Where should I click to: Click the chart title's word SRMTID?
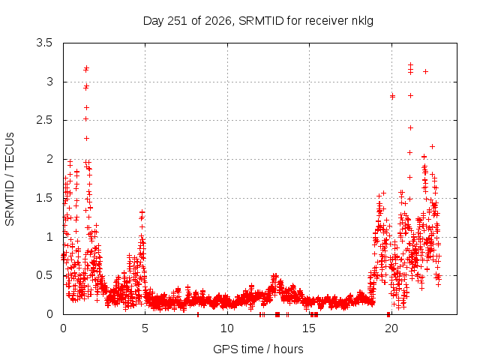pyautogui.click(x=261, y=21)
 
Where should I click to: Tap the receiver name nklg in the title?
pyautogui.click(x=362, y=22)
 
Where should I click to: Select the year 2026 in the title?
pyautogui.click(x=217, y=21)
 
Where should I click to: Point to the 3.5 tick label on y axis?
pyautogui.click(x=44, y=43)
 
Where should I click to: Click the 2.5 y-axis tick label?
pyautogui.click(x=44, y=120)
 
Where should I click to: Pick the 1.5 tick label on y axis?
pyautogui.click(x=44, y=198)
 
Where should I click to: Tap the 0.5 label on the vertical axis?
pyautogui.click(x=44, y=275)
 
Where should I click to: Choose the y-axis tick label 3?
pyautogui.click(x=49, y=82)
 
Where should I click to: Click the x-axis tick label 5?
pyautogui.click(x=145, y=328)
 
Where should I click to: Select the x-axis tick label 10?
pyautogui.click(x=226, y=328)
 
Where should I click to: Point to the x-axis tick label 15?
pyautogui.click(x=309, y=328)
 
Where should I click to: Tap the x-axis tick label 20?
pyautogui.click(x=391, y=328)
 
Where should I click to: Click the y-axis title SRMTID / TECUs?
pyautogui.click(x=10, y=179)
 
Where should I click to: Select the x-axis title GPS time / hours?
pyautogui.click(x=258, y=349)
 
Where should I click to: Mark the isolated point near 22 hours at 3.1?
pyautogui.click(x=425, y=72)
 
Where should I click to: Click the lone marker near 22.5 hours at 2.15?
pyautogui.click(x=432, y=147)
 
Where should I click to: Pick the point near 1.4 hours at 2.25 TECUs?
pyautogui.click(x=87, y=138)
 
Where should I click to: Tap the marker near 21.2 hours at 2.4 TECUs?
pyautogui.click(x=410, y=127)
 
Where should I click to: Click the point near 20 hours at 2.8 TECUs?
pyautogui.click(x=392, y=97)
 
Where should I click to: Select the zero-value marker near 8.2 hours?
pyautogui.click(x=198, y=314)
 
